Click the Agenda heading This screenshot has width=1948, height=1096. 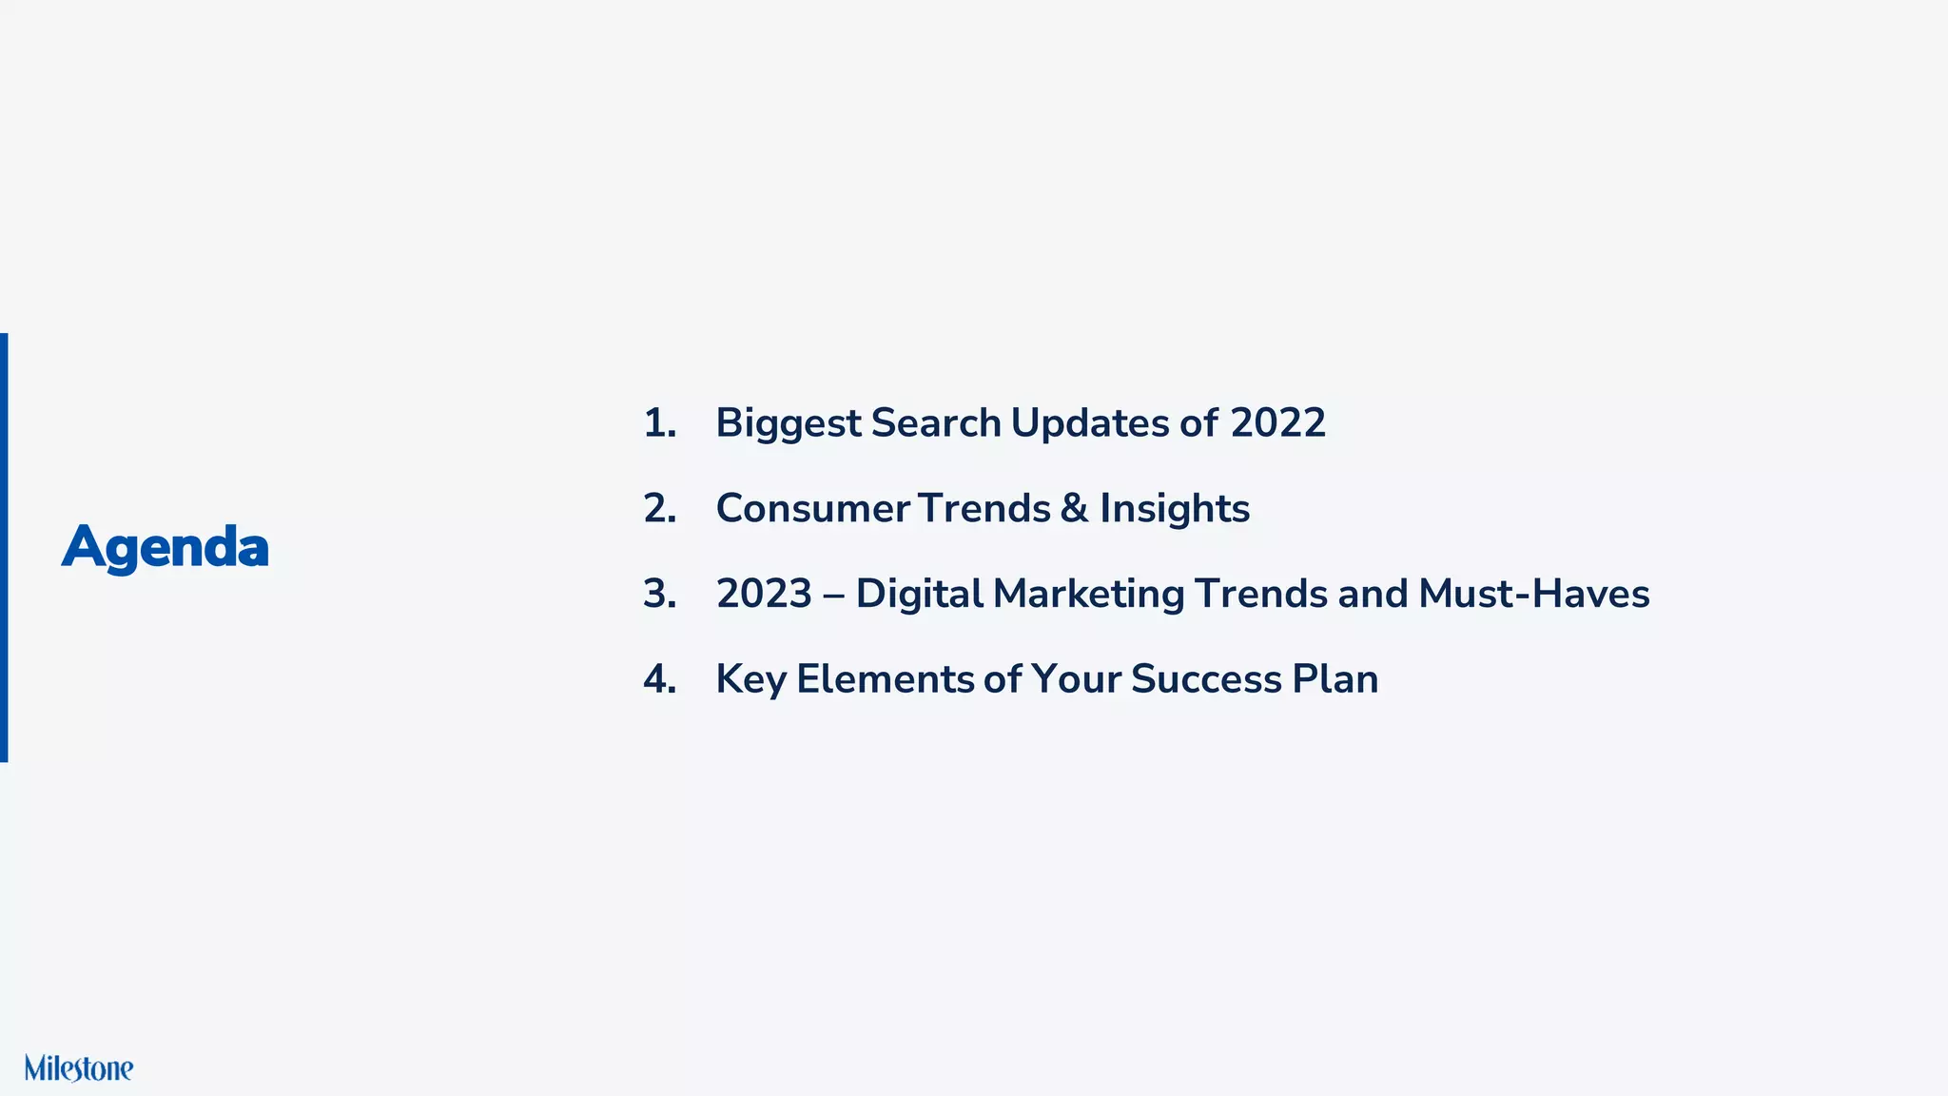click(166, 548)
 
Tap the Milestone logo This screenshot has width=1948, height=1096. click(79, 1068)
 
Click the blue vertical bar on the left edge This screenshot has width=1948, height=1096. click(4, 547)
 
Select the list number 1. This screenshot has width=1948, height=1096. click(658, 423)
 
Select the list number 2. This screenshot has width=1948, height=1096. click(659, 509)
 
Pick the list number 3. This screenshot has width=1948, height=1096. click(659, 594)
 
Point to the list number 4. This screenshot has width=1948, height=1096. click(659, 679)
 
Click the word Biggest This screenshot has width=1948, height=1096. click(788, 423)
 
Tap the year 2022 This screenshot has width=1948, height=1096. click(1277, 423)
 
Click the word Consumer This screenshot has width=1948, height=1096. click(810, 509)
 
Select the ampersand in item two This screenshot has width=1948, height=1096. click(1074, 509)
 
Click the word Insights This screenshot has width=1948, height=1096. click(1175, 509)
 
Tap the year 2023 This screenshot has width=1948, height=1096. click(764, 594)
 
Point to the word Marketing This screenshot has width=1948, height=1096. click(1088, 594)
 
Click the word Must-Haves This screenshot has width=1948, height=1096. click(1533, 594)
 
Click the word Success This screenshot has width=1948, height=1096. click(1205, 679)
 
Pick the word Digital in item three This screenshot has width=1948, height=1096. click(919, 594)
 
